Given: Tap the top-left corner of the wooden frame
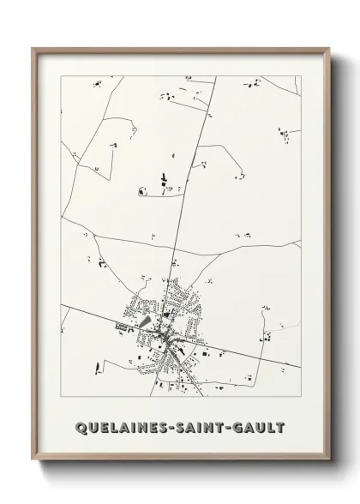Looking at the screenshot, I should click(33, 48).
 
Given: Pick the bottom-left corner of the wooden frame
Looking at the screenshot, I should click(33, 460).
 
